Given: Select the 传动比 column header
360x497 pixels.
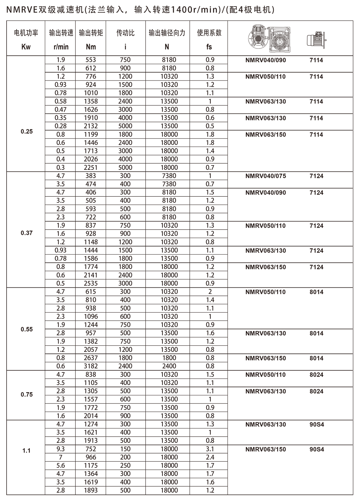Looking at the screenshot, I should (126, 33).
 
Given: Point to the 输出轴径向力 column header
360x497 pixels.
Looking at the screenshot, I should (167, 33).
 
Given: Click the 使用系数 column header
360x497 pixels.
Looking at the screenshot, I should (209, 33).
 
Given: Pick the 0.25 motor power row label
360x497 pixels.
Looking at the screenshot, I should (27, 131).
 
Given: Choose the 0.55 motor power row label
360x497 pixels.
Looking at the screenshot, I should (27, 329).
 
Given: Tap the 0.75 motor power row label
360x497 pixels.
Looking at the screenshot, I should (27, 394).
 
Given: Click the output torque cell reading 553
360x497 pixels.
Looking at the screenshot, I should (91, 60).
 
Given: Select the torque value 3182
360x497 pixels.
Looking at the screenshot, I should (91, 366).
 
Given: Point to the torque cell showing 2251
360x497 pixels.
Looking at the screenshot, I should (91, 167).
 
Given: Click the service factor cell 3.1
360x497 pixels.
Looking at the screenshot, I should (210, 449).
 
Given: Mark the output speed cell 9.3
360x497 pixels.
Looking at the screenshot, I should (61, 449).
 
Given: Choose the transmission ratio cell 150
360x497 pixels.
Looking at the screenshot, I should (125, 449).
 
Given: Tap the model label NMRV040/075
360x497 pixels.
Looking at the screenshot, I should (265, 176).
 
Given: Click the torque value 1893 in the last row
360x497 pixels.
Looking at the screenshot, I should (91, 490).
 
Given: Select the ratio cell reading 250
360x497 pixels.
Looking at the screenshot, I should (125, 465).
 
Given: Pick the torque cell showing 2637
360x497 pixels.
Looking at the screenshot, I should (91, 358).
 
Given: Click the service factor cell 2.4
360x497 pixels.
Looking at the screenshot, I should (210, 457).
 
